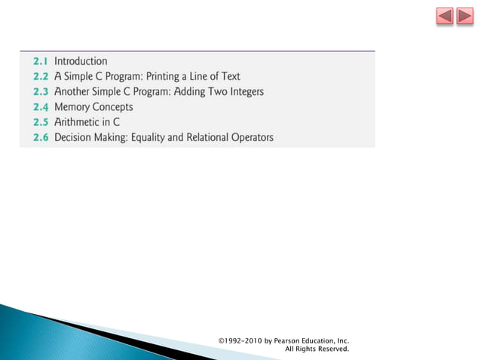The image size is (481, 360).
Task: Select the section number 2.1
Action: tap(40, 61)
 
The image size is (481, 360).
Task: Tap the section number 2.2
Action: tap(40, 76)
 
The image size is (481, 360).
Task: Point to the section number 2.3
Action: tap(40, 92)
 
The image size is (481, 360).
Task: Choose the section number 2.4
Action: tap(40, 107)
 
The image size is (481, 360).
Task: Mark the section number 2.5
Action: tap(40, 122)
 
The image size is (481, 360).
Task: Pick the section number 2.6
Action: tap(40, 138)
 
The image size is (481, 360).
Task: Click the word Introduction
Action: tap(81, 61)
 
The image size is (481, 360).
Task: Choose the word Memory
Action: tap(73, 107)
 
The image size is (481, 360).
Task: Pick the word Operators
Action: tap(250, 138)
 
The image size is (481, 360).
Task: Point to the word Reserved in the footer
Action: tap(330, 349)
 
